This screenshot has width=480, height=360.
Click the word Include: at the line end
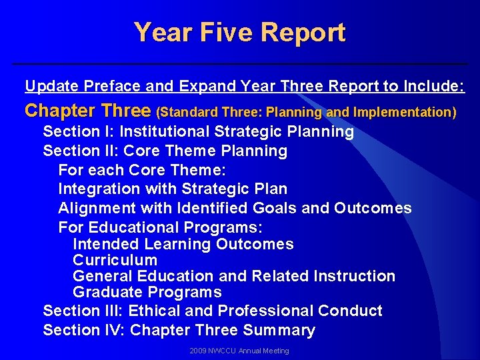point(433,86)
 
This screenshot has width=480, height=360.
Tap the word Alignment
point(96,208)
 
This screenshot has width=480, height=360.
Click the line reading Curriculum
point(115,260)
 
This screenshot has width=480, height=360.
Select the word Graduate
point(107,292)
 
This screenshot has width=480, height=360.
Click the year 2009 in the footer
point(198,351)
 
